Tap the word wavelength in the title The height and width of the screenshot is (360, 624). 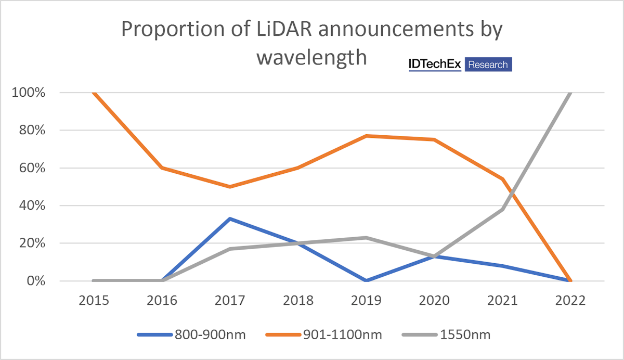(311, 57)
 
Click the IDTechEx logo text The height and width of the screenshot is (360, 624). (435, 64)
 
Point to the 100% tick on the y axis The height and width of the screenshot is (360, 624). (31, 93)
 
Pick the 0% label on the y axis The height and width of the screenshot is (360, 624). (37, 281)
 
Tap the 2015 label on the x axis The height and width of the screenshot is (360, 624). (94, 301)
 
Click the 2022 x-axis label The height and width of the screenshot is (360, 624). (570, 301)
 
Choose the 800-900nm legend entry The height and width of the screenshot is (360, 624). (191, 335)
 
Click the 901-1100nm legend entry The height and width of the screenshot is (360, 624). (323, 335)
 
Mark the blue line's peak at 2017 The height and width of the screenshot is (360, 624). (230, 218)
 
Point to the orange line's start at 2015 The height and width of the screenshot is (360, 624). (94, 93)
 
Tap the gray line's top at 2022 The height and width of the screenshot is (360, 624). (570, 93)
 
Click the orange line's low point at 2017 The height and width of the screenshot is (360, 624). (230, 186)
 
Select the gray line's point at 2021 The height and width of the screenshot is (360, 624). (502, 209)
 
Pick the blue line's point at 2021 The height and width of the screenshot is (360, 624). (502, 266)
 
